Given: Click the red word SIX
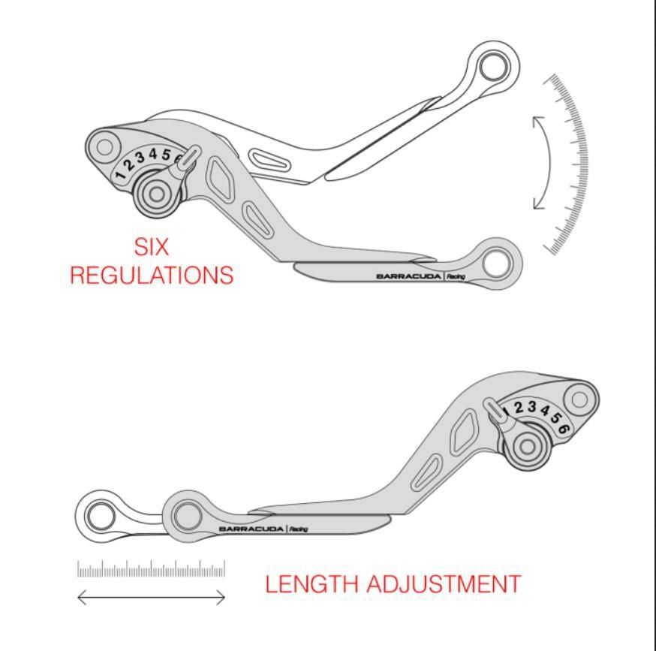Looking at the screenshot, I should (x=151, y=247).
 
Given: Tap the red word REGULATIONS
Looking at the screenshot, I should (x=151, y=275).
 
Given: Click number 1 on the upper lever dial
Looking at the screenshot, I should (x=120, y=174).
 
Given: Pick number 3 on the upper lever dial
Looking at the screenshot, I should (x=140, y=158).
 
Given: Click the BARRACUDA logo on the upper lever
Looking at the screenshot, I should (x=408, y=276).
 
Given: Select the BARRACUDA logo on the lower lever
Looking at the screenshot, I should (x=251, y=529).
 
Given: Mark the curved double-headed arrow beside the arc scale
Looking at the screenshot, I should (x=541, y=162).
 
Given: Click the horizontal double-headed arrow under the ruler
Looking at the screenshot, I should (x=151, y=598).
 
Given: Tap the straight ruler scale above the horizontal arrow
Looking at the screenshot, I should (x=151, y=569).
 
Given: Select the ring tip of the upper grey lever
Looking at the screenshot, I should (x=496, y=262).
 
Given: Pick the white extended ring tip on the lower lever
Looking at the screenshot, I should (x=99, y=516).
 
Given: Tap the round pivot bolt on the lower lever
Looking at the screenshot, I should (x=528, y=448).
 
